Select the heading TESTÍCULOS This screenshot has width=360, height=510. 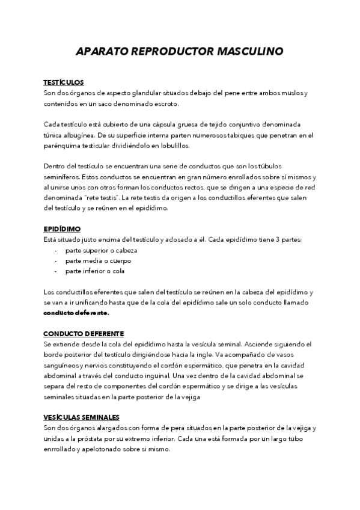click(64, 82)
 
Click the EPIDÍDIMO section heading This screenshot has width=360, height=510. click(62, 229)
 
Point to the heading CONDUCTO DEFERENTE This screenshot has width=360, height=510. click(84, 333)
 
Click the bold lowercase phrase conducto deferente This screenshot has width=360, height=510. click(76, 313)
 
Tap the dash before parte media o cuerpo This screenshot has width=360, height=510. click(56, 261)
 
